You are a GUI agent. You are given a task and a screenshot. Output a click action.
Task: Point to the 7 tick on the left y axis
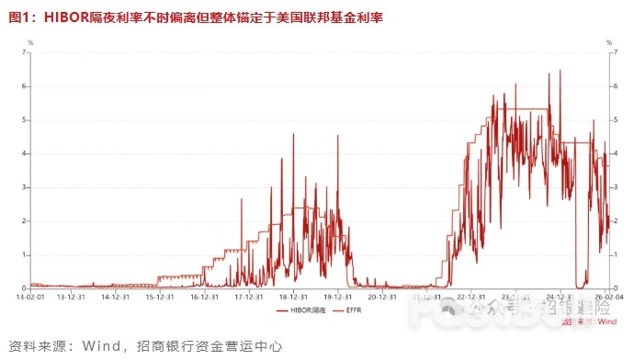pos(25,52)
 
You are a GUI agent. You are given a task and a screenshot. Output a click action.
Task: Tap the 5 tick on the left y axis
pos(25,119)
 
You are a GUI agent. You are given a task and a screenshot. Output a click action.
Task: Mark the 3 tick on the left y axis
pos(25,187)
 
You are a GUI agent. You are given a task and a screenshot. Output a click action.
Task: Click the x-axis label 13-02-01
pos(31,297)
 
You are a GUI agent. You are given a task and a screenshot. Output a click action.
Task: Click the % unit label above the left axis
pos(30,42)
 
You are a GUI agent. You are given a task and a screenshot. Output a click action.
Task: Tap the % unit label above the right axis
pos(607,42)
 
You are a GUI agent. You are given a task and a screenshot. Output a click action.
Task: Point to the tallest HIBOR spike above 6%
pos(560,73)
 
